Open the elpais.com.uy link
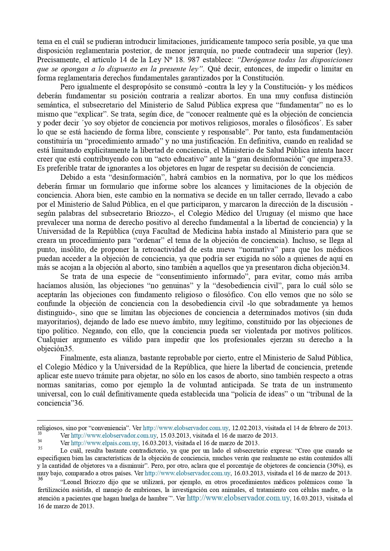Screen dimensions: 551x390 pyautogui.click(x=105, y=443)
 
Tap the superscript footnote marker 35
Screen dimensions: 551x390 pyautogui.click(x=40, y=448)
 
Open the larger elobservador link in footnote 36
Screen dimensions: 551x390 pyautogui.click(x=238, y=498)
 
